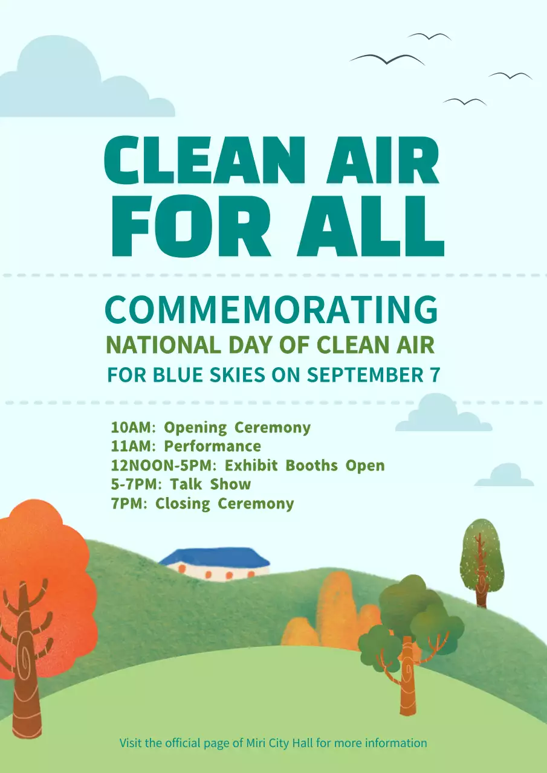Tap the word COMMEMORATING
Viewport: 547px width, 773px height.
pyautogui.click(x=271, y=310)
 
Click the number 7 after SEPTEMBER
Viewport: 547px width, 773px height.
pyautogui.click(x=434, y=375)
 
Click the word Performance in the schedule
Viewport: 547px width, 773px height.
pyautogui.click(x=213, y=447)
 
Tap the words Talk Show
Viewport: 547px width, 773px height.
pyautogui.click(x=210, y=484)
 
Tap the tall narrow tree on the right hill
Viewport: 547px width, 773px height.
pyautogui.click(x=482, y=556)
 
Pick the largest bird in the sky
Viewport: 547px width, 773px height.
pyautogui.click(x=387, y=59)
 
